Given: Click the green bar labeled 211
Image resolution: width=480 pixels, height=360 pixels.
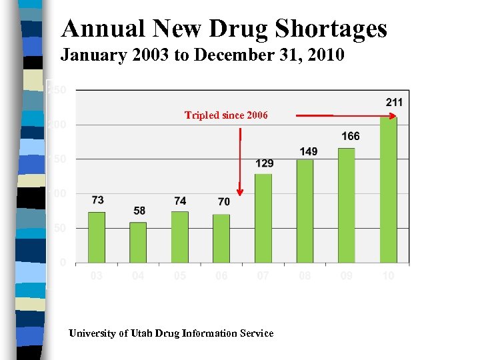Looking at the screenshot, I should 389,189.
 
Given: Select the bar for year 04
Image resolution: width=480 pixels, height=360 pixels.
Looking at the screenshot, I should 138,242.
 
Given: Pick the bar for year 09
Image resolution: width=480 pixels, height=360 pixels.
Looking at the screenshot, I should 347,205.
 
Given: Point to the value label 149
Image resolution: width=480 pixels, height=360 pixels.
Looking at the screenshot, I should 308,151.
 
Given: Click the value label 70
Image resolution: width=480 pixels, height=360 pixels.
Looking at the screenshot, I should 223,201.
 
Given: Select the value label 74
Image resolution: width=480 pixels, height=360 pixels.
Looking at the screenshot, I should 180,201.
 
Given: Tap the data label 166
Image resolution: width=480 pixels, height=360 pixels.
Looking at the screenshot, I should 350,136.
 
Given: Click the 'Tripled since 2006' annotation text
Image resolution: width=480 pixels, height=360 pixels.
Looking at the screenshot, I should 226,115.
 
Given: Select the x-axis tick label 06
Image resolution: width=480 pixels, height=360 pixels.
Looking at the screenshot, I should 221,275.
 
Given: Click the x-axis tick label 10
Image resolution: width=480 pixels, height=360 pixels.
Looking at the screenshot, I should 388,275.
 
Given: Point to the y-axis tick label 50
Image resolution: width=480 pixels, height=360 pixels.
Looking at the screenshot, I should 59,228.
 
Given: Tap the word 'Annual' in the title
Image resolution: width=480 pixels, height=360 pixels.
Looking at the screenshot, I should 99,29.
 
